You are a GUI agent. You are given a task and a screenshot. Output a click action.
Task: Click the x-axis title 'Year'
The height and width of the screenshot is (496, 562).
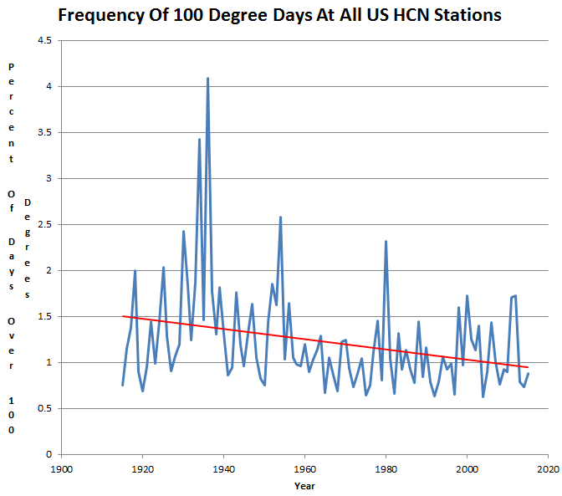tap(304, 484)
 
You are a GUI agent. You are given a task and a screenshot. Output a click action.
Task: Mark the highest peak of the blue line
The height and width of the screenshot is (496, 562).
tap(207, 79)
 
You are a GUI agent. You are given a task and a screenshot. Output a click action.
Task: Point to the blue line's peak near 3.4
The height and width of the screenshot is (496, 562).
tap(199, 140)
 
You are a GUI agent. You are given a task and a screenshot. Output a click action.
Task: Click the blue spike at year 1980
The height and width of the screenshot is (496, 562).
tap(386, 242)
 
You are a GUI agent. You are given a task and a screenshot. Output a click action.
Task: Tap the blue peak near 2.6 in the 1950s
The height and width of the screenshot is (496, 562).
tap(280, 217)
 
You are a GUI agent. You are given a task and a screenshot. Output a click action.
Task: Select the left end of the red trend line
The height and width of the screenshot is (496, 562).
tap(123, 316)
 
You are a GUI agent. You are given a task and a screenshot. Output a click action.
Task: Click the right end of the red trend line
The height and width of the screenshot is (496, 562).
tap(528, 367)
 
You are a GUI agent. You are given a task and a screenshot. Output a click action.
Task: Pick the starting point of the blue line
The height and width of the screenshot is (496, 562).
tap(122, 385)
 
